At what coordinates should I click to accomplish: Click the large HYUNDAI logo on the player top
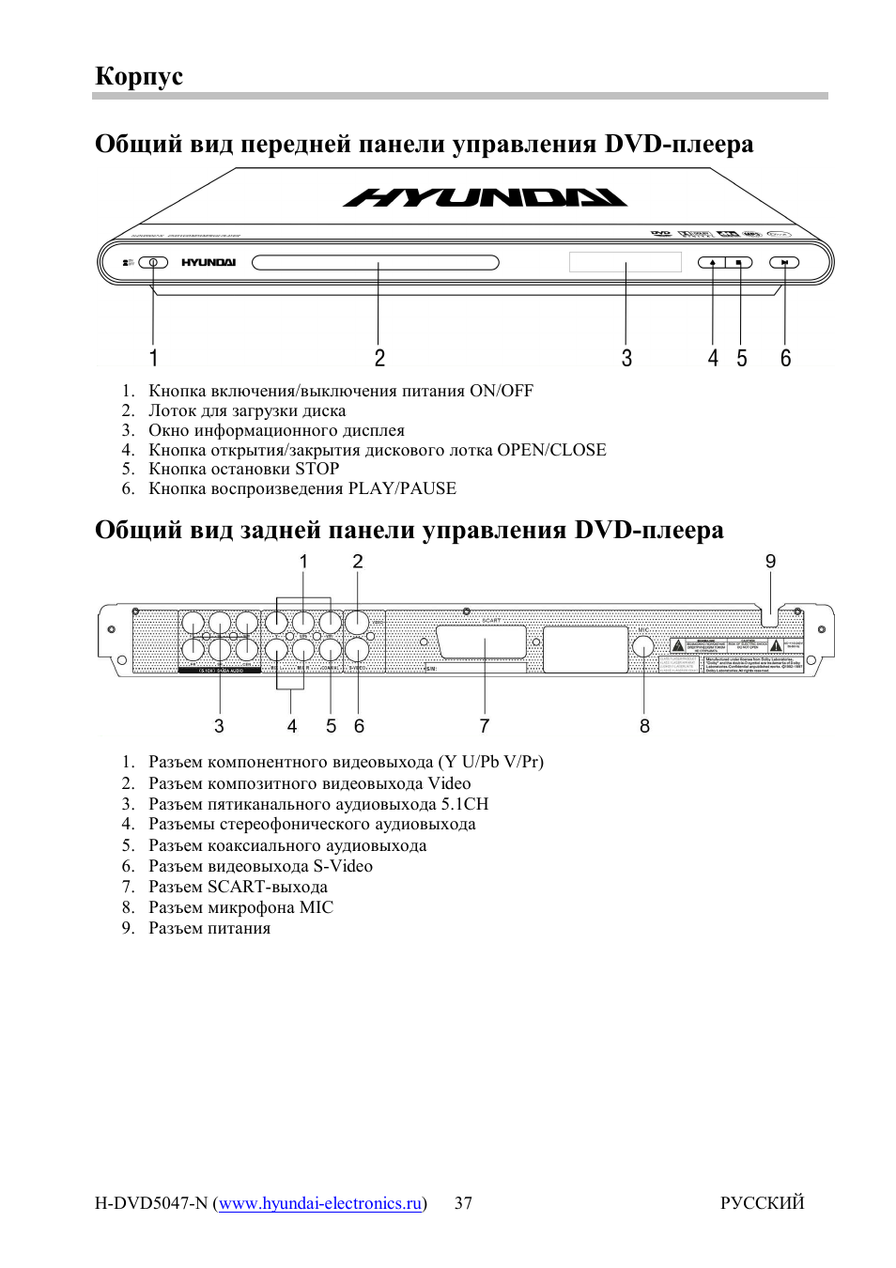click(x=485, y=198)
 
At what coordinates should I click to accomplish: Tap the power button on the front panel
click(x=153, y=263)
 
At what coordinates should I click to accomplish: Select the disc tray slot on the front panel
click(x=375, y=263)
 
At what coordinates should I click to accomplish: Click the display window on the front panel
click(x=625, y=262)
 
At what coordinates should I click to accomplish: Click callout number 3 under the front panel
click(x=626, y=358)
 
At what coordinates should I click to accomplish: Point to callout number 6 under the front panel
click(x=785, y=358)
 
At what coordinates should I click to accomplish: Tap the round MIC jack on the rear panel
click(x=643, y=646)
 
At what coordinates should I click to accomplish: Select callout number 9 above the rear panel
click(x=770, y=562)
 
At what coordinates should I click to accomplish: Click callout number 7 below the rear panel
click(x=485, y=726)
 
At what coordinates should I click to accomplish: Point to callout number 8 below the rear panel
click(x=644, y=726)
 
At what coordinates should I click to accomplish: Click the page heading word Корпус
click(x=139, y=76)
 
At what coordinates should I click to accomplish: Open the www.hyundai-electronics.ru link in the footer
click(x=320, y=1203)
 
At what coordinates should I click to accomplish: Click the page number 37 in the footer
click(x=463, y=1203)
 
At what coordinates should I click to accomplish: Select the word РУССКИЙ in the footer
click(x=762, y=1203)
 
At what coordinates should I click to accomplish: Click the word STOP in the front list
click(x=317, y=469)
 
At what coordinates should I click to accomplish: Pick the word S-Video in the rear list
click(x=343, y=866)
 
